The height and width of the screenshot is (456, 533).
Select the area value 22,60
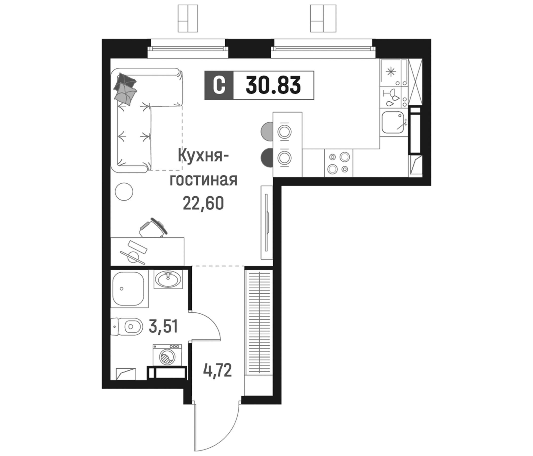(x=203, y=203)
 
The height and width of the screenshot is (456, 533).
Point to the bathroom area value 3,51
(x=163, y=327)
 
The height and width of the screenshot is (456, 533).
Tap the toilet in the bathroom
(x=127, y=327)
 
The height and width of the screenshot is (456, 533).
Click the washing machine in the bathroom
(x=167, y=355)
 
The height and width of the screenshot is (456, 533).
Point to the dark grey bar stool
(x=267, y=157)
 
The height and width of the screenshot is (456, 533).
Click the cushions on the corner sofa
(x=126, y=89)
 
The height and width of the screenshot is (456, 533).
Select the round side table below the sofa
(x=124, y=191)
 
